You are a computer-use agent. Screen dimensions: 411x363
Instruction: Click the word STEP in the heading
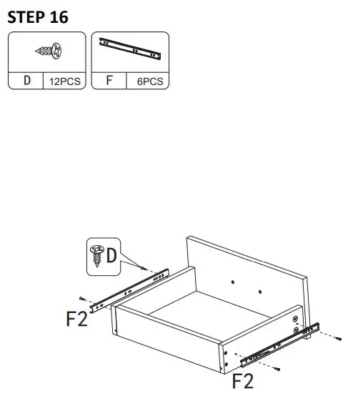(x=26, y=17)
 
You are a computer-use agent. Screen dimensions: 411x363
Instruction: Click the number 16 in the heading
(x=59, y=17)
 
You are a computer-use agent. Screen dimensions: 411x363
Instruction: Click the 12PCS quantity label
(x=64, y=81)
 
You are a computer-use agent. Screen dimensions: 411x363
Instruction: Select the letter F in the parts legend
(x=110, y=80)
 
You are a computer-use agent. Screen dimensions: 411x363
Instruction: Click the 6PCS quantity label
(x=149, y=81)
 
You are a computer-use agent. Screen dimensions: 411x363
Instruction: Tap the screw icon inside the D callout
(x=95, y=254)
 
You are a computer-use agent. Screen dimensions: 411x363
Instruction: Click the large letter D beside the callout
(x=112, y=254)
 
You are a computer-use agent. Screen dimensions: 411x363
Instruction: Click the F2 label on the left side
(x=76, y=318)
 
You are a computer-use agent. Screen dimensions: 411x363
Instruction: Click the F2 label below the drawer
(x=243, y=380)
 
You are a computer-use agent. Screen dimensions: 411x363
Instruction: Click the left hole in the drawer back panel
(x=236, y=280)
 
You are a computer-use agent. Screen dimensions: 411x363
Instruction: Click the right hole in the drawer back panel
(x=260, y=292)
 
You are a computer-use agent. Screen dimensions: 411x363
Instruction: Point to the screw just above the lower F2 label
(x=276, y=368)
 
